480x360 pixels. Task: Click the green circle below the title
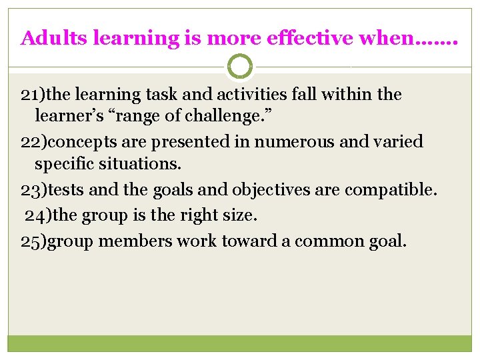(240, 66)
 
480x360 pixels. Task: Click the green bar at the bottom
(240, 343)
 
